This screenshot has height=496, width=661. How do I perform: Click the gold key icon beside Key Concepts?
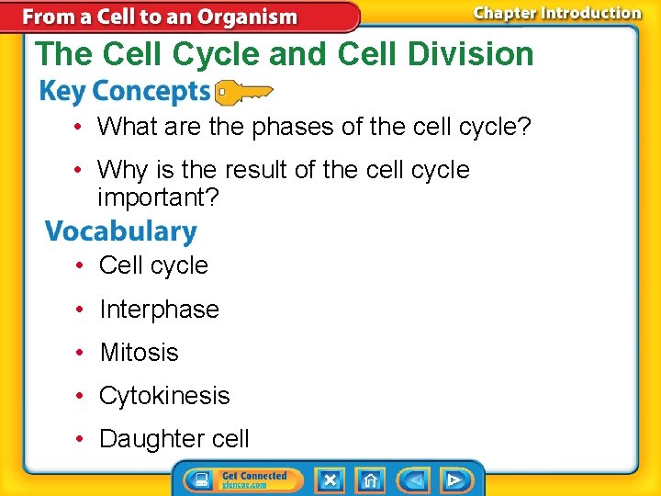pyautogui.click(x=243, y=92)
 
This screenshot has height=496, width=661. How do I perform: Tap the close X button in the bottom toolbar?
pyautogui.click(x=330, y=479)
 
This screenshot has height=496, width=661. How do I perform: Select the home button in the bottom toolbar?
pyautogui.click(x=370, y=479)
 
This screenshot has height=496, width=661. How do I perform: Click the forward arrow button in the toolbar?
pyautogui.click(x=454, y=479)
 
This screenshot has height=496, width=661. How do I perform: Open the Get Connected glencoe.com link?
pyautogui.click(x=254, y=479)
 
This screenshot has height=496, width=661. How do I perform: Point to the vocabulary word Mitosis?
pyautogui.click(x=139, y=353)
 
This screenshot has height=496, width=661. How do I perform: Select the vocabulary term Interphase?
pyautogui.click(x=159, y=310)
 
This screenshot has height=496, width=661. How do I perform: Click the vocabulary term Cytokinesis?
pyautogui.click(x=164, y=396)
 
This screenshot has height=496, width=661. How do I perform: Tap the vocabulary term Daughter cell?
pyautogui.click(x=174, y=439)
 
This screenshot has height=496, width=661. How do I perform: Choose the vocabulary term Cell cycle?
pyautogui.click(x=153, y=265)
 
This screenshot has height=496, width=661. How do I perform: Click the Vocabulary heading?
pyautogui.click(x=120, y=231)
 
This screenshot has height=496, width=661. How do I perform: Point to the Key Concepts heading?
pyautogui.click(x=125, y=92)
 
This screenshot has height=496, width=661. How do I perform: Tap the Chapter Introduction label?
pyautogui.click(x=556, y=13)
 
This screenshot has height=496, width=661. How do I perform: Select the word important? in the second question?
pyautogui.click(x=158, y=197)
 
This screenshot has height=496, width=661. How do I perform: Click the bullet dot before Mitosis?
pyautogui.click(x=81, y=353)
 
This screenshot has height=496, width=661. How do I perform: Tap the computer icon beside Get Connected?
pyautogui.click(x=199, y=479)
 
